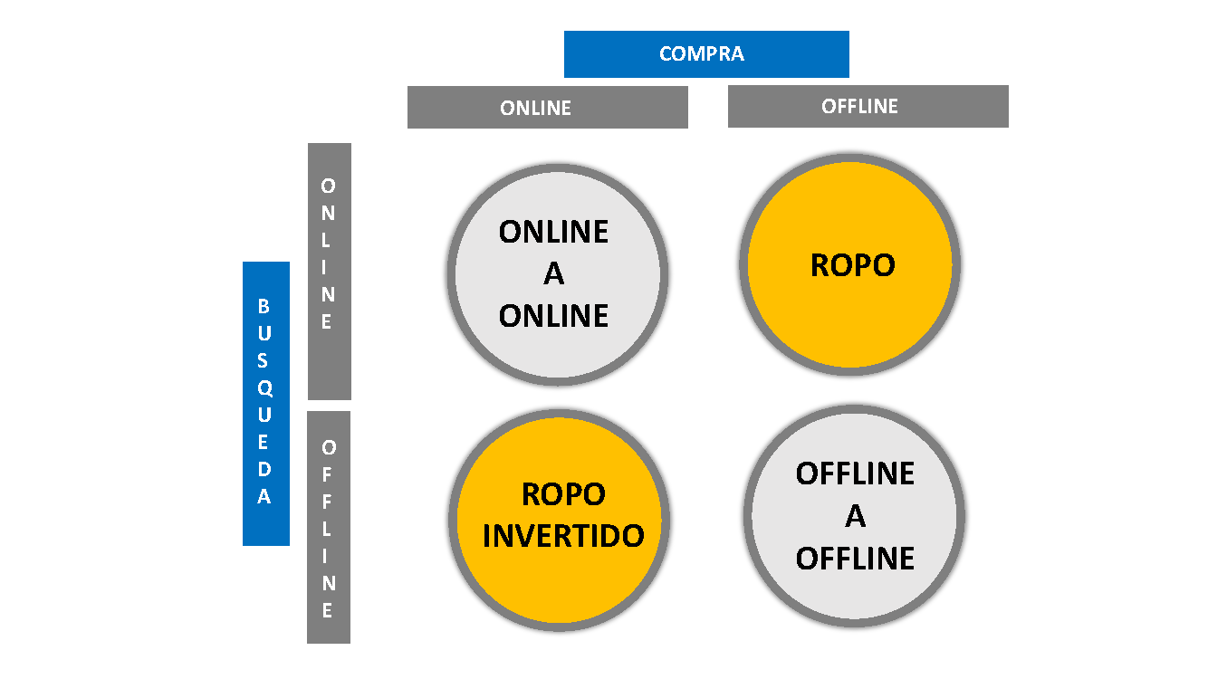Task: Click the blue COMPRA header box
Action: click(x=706, y=54)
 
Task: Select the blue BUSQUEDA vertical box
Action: click(x=265, y=404)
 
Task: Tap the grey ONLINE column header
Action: click(x=547, y=108)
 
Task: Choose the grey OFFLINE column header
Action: click(x=868, y=106)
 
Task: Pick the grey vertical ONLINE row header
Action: click(x=329, y=272)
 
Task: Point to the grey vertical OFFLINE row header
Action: click(x=328, y=528)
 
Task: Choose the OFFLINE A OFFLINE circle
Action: click(x=856, y=516)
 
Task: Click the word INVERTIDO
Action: click(x=563, y=535)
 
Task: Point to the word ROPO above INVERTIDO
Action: click(x=563, y=494)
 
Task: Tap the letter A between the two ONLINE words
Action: click(x=553, y=274)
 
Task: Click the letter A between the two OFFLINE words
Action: click(x=856, y=516)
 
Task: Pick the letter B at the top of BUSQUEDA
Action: click(x=264, y=306)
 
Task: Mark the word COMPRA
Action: click(x=702, y=54)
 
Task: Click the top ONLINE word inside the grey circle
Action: click(x=553, y=233)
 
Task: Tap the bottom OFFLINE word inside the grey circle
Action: click(x=856, y=559)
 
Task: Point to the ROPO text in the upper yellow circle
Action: click(x=852, y=265)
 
